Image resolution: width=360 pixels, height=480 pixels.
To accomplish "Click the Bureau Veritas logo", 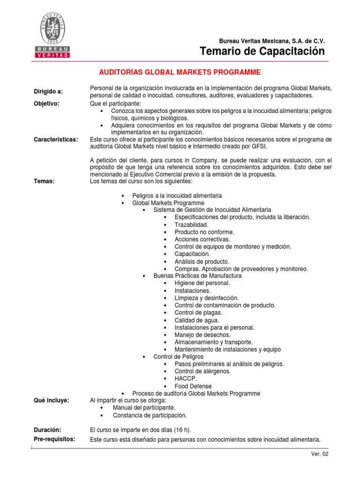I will click(x=52, y=36).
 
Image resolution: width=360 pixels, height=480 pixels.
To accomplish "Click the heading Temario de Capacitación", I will click(x=262, y=51).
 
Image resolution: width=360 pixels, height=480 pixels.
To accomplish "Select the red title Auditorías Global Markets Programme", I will click(x=179, y=72).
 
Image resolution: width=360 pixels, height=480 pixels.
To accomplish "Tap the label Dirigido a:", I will click(x=48, y=91).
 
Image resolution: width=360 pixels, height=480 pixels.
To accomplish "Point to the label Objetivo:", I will click(x=46, y=104).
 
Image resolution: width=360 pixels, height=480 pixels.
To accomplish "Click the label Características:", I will click(x=56, y=139).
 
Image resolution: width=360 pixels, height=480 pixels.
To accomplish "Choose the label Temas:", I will click(x=44, y=181).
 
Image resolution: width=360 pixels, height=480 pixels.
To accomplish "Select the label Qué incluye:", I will click(x=52, y=400).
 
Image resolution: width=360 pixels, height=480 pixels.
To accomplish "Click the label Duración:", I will click(x=47, y=429).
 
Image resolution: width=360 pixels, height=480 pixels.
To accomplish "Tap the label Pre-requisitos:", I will click(x=55, y=439).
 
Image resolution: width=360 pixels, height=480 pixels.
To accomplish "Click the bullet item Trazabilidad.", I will click(x=191, y=225).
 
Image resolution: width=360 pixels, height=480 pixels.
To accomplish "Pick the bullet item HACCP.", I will click(x=186, y=378).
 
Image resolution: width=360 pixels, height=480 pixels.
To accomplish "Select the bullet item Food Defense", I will click(x=193, y=386).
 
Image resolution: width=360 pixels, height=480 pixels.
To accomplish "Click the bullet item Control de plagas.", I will click(x=198, y=313).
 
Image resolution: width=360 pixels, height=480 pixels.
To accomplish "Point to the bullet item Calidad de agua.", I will click(x=197, y=320).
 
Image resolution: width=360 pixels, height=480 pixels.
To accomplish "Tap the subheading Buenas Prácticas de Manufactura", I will click(x=197, y=276).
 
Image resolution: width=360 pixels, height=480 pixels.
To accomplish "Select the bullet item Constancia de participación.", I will click(x=150, y=415).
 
